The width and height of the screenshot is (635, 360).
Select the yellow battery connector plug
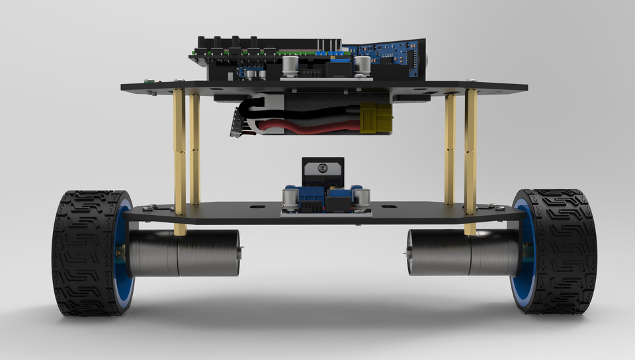[x=376, y=119]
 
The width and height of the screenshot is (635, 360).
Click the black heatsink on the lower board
[x=323, y=171]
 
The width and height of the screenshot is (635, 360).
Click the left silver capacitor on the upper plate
[x=290, y=65]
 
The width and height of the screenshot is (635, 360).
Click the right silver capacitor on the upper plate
[x=362, y=66]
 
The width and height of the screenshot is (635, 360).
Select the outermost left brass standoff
[x=179, y=152]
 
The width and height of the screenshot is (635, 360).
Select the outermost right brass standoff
[x=470, y=152]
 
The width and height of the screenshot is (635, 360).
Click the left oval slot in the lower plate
[x=254, y=206]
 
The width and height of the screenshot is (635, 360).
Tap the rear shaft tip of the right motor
[x=406, y=251]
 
